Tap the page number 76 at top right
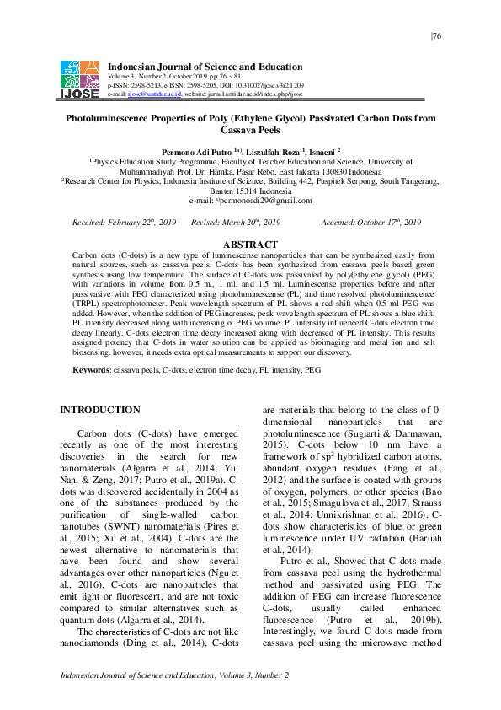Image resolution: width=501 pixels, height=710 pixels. (436, 35)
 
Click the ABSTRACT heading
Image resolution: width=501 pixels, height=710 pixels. (249, 244)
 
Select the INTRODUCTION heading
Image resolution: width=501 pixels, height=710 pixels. (99, 410)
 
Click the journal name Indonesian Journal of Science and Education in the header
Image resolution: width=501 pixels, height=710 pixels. (205, 67)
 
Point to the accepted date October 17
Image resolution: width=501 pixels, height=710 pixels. (391, 222)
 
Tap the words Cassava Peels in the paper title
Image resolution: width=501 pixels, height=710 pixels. (249, 132)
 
